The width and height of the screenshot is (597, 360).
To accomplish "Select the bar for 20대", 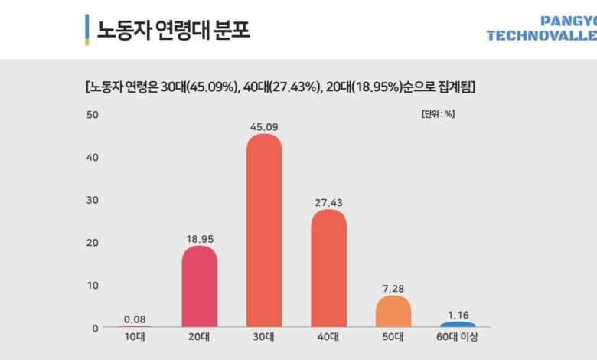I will click(199, 287).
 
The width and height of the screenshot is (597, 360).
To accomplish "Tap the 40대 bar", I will click(328, 269).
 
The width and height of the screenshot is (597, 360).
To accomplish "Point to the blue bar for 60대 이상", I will click(458, 325).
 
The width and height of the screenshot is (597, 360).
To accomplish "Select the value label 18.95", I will click(199, 239).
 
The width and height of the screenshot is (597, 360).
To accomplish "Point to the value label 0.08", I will click(135, 319).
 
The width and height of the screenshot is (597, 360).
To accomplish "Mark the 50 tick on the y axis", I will click(93, 115).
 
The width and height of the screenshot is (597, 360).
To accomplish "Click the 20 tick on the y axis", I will click(93, 243).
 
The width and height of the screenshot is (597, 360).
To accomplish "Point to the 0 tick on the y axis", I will click(96, 328).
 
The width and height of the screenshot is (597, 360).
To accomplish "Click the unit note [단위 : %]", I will click(439, 114).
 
